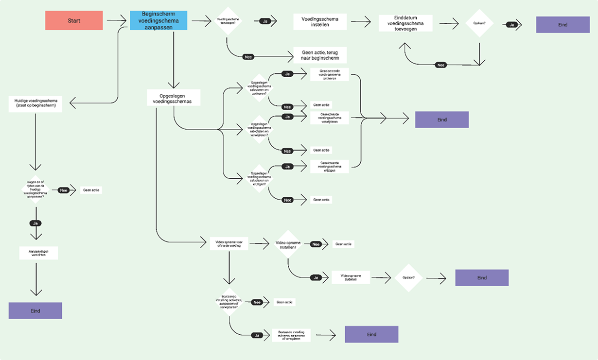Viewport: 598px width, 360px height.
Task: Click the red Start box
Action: (x=74, y=20)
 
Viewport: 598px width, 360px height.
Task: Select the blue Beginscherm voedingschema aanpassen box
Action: (x=160, y=20)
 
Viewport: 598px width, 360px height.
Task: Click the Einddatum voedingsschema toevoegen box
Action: (x=405, y=23)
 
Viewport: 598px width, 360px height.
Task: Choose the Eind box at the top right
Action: (x=563, y=24)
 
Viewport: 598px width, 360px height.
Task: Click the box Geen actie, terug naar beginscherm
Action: (x=320, y=55)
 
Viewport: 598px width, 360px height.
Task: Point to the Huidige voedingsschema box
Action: (x=35, y=103)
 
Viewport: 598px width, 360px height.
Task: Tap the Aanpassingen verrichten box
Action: (x=39, y=253)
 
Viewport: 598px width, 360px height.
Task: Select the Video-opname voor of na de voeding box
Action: (x=229, y=243)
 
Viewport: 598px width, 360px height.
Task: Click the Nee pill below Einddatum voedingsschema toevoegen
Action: (x=441, y=65)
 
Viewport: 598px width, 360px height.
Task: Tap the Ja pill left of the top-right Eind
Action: (x=511, y=24)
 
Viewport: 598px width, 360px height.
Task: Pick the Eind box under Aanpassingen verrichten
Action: (x=35, y=310)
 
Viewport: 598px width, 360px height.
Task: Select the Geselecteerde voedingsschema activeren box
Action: (x=329, y=74)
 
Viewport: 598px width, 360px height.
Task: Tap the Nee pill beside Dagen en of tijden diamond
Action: (x=63, y=190)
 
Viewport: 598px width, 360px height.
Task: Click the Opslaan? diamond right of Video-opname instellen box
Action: (x=409, y=278)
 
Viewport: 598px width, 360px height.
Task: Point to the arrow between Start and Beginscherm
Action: (x=116, y=20)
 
